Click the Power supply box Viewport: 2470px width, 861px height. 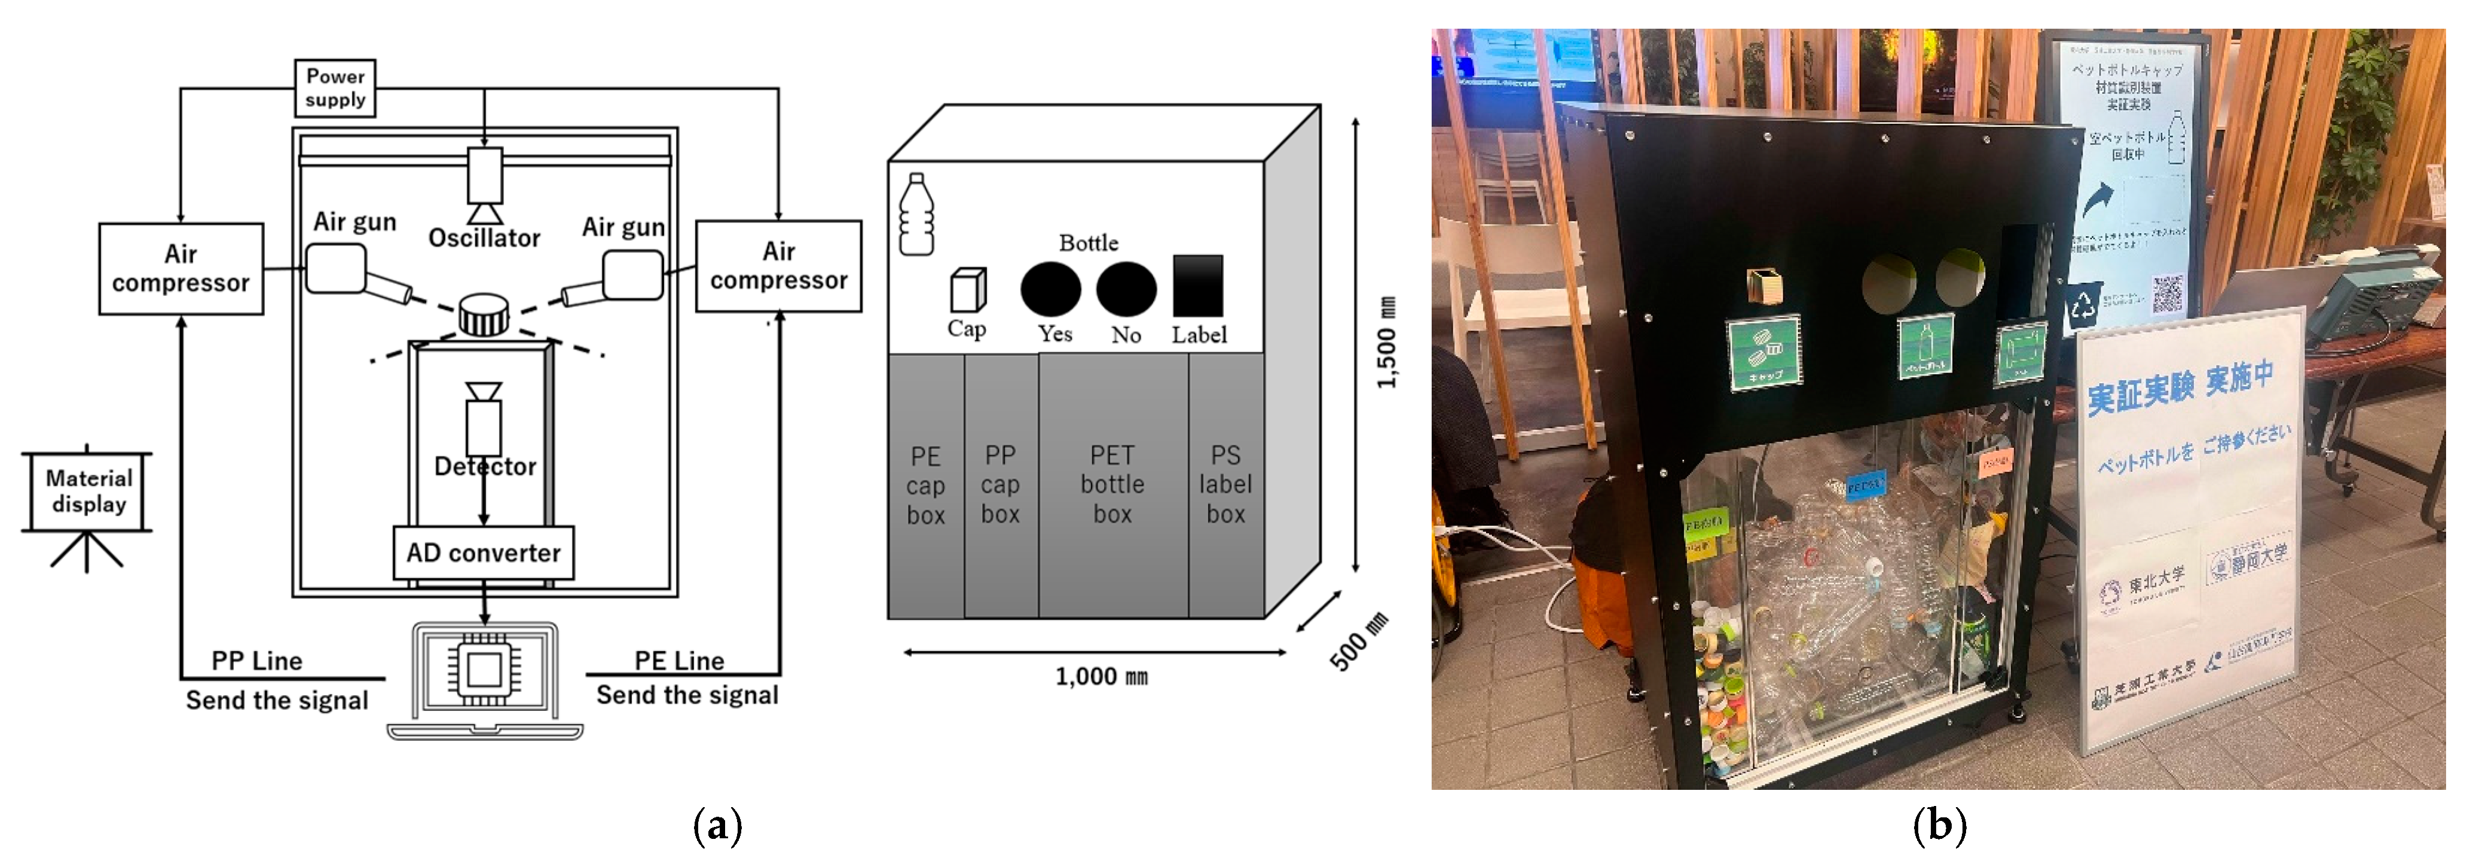click(x=335, y=88)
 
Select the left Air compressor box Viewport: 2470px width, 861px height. click(x=181, y=268)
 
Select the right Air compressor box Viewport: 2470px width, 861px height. click(x=778, y=265)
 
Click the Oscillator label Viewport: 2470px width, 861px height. click(x=484, y=238)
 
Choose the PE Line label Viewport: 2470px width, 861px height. click(x=679, y=661)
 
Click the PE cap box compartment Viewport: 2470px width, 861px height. click(x=925, y=485)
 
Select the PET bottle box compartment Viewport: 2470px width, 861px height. click(x=1112, y=485)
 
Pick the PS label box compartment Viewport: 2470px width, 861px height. click(x=1225, y=485)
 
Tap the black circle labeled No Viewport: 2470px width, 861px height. click(x=1126, y=289)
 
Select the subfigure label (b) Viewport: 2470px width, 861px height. click(x=1939, y=826)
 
